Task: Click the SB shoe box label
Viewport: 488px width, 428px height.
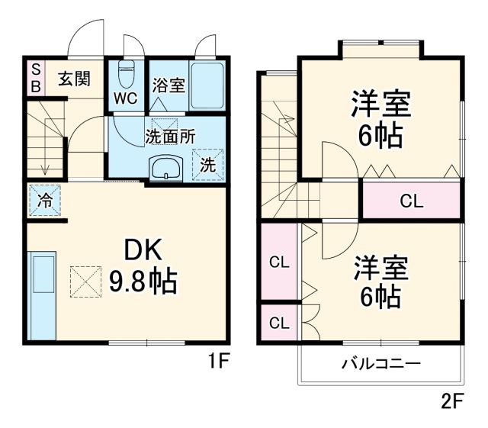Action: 34,78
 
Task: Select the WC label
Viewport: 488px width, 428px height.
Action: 126,98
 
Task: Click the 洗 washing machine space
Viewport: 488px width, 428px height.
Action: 207,163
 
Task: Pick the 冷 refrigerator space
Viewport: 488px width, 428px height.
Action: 45,201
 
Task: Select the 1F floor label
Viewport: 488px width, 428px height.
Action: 218,360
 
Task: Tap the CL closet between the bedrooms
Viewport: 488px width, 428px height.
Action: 411,201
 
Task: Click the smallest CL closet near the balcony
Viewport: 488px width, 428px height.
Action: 279,323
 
